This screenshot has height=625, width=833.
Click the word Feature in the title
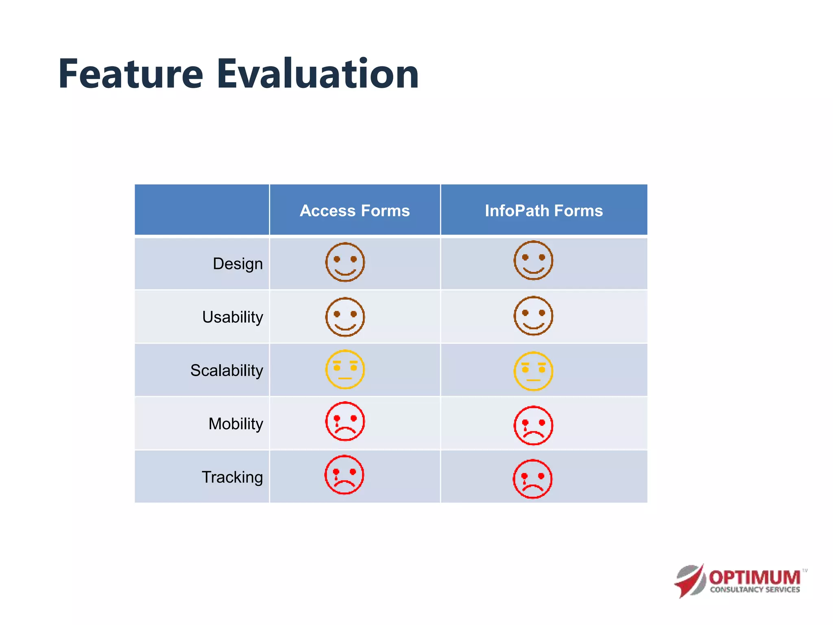point(131,74)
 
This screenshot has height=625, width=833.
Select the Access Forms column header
point(355,211)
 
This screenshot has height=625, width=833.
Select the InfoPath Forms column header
point(544,211)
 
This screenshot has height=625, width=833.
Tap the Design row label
point(238,264)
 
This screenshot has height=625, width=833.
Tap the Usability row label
point(233,317)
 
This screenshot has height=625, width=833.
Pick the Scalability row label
point(227,371)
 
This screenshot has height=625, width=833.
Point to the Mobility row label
point(236,424)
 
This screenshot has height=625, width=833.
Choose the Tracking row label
point(232,477)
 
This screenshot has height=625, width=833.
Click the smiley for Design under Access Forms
point(345,262)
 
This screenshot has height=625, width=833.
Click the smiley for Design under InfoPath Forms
point(533,260)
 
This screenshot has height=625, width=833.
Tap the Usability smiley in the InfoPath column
point(533,316)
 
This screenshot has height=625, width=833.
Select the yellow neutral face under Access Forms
point(345,369)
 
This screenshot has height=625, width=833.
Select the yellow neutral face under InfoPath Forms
point(533,371)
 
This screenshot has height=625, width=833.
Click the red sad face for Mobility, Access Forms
point(345,422)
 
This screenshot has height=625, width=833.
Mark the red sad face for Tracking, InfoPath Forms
point(532,479)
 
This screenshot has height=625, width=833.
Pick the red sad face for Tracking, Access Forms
point(344,475)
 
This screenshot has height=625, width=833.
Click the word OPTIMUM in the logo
point(754,577)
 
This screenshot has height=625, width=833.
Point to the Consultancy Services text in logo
point(754,590)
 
